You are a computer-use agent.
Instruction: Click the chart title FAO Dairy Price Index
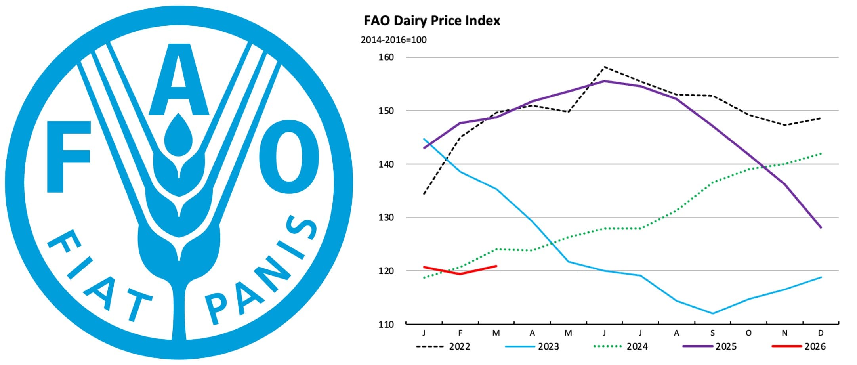pos(432,21)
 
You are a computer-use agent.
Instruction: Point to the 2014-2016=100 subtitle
pos(393,40)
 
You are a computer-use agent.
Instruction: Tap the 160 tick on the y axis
pos(386,57)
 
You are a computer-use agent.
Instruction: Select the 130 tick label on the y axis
pos(386,218)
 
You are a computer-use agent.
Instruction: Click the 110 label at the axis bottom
pos(386,325)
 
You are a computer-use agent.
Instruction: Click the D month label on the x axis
pos(821,333)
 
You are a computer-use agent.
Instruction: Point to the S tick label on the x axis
pos(713,333)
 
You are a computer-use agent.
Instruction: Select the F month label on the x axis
pos(460,333)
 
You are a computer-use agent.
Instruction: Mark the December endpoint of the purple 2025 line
pos(821,227)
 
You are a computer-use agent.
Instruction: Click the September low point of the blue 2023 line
pos(713,313)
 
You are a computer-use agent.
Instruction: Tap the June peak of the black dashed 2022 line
pos(605,67)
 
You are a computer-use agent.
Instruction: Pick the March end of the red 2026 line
pos(496,266)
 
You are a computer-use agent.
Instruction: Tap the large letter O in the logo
pos(289,157)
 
